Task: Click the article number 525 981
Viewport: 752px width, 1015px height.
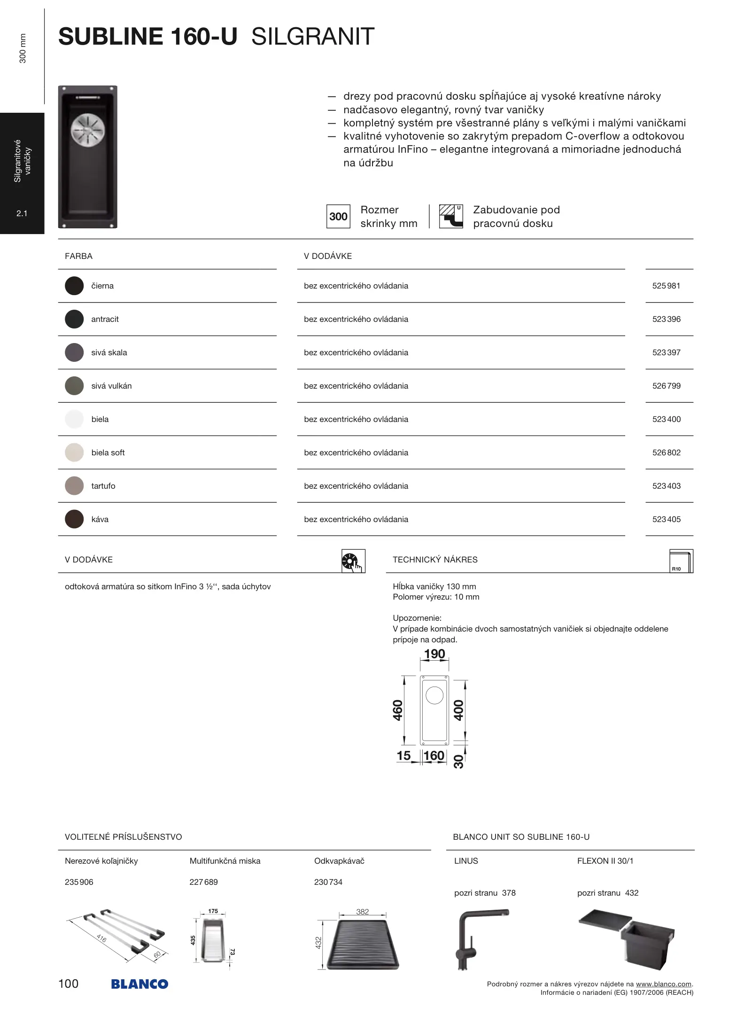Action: click(666, 286)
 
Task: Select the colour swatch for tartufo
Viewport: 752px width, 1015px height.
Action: click(74, 486)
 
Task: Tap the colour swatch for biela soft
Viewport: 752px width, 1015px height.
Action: click(74, 453)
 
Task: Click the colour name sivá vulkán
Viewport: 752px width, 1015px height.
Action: click(111, 386)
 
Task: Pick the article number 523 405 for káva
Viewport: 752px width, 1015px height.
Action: click(666, 519)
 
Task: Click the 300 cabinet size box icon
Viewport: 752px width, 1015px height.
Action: click(338, 217)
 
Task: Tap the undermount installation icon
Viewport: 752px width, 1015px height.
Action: click(451, 216)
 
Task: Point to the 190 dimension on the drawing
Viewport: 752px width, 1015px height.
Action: click(434, 654)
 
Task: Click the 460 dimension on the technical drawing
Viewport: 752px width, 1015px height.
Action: click(398, 710)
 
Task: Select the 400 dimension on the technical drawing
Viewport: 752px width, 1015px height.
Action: click(458, 710)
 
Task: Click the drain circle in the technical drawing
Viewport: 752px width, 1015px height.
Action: click(434, 695)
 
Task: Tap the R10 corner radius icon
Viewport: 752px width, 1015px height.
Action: click(681, 561)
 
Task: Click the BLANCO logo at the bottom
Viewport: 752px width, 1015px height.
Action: click(140, 984)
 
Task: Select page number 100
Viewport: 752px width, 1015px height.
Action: click(69, 984)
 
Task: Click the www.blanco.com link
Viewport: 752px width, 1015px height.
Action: click(663, 984)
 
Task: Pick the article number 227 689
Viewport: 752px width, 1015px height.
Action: click(203, 882)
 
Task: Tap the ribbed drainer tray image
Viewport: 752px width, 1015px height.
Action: click(363, 945)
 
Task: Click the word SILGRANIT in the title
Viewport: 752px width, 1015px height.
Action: click(313, 37)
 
